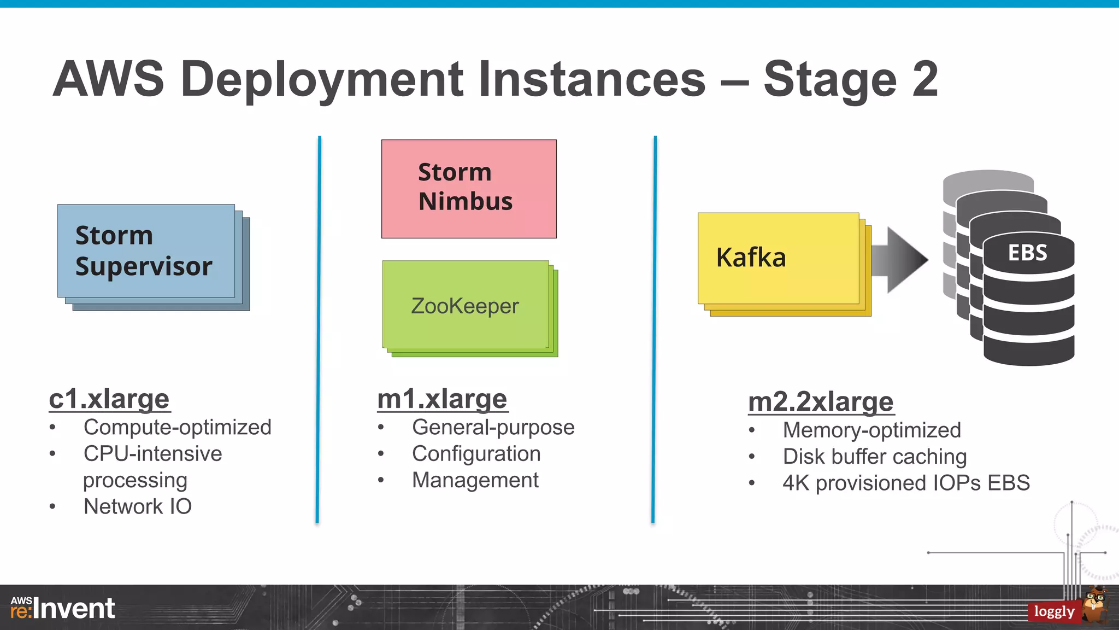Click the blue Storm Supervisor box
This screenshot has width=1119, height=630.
tap(146, 251)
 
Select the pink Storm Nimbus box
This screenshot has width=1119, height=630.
tap(469, 189)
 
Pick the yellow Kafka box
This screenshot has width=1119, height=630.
tap(778, 258)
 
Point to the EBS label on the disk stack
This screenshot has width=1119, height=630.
tap(1027, 253)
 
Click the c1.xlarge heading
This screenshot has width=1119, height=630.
tap(109, 399)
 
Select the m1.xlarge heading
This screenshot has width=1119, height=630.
tap(443, 399)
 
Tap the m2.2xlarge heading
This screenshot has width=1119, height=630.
tap(821, 402)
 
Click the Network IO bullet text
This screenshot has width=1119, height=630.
tap(138, 506)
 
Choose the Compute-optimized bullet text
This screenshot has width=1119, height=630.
tap(177, 427)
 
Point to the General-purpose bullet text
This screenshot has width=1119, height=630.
tap(493, 427)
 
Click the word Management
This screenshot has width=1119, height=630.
tap(475, 480)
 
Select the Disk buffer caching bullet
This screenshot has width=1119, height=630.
tap(874, 457)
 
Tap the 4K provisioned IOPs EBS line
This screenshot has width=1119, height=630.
tap(906, 483)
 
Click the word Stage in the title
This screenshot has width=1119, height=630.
tap(830, 80)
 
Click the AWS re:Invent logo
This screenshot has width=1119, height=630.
tap(63, 608)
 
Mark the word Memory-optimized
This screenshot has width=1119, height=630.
tap(871, 430)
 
